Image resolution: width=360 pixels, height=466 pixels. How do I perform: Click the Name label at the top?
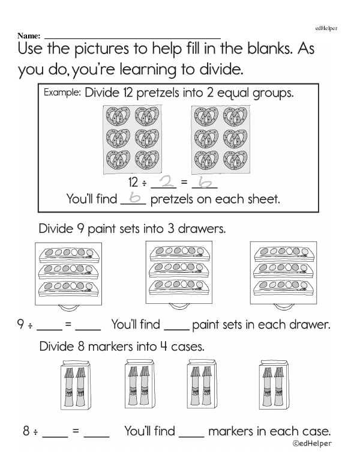(29, 37)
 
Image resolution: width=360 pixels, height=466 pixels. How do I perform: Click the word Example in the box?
(62, 93)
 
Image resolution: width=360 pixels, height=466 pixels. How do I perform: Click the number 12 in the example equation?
(134, 183)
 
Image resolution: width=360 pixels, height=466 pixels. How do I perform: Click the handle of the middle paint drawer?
(179, 306)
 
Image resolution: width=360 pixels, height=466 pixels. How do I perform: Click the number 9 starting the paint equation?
(21, 325)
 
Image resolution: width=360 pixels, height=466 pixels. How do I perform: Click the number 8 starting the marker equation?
(26, 431)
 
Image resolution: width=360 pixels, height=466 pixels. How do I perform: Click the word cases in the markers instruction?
(186, 346)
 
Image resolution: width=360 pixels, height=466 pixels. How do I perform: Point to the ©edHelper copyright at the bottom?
(312, 444)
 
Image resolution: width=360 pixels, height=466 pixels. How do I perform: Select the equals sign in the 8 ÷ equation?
(76, 432)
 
